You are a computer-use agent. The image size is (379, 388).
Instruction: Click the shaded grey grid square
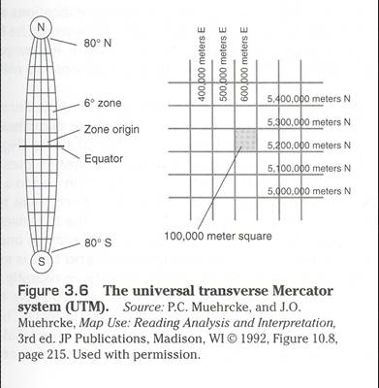coord(247,138)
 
